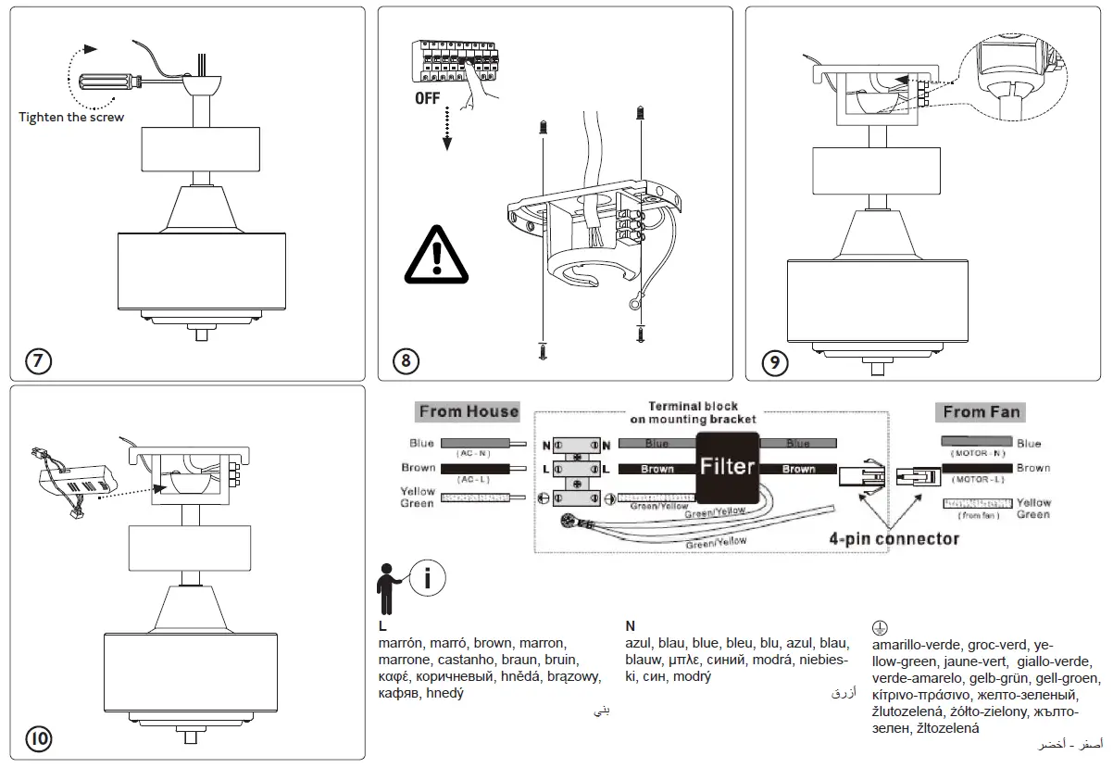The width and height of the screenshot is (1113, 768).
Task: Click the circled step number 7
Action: (38, 360)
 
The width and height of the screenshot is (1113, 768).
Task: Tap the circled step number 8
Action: (406, 360)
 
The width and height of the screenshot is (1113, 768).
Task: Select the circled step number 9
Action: (773, 361)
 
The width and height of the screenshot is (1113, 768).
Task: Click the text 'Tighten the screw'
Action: (71, 117)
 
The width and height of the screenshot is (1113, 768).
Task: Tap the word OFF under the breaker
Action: (428, 98)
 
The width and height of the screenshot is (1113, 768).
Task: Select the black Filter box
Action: (728, 467)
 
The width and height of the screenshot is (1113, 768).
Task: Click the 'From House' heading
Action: (469, 411)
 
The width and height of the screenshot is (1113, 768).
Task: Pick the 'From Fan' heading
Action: (983, 411)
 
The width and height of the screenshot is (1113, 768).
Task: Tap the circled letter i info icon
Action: (426, 578)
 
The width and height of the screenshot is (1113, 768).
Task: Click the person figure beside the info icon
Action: (387, 587)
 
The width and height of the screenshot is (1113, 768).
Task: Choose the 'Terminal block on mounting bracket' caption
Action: (694, 413)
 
